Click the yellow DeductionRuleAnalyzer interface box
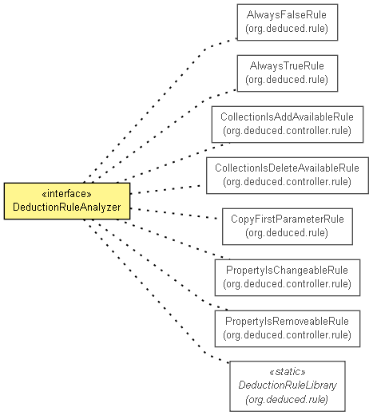point(67,201)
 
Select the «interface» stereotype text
point(67,194)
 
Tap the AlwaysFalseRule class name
point(287,15)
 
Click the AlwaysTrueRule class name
point(287,66)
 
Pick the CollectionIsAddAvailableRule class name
point(287,117)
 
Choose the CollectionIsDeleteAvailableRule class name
point(287,168)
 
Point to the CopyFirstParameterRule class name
point(288,219)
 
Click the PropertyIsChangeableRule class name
point(287,271)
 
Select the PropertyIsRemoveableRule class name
point(287,322)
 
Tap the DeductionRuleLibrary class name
point(288,385)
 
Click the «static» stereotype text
point(288,372)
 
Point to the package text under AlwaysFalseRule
point(287,29)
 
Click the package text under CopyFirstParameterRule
point(287,233)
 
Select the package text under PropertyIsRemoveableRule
point(287,335)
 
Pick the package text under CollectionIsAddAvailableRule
point(287,131)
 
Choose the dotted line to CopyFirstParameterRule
point(173,214)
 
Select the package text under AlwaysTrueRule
point(287,80)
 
